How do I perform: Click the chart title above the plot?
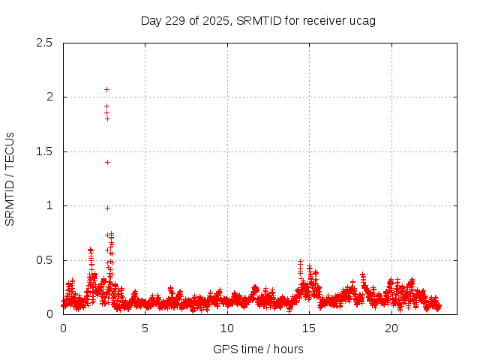(258, 20)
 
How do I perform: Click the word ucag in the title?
(361, 20)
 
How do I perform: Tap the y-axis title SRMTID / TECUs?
(10, 178)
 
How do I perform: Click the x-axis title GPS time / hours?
(258, 349)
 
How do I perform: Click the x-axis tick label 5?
(145, 328)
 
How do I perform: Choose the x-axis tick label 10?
(227, 328)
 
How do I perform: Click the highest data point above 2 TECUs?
(106, 89)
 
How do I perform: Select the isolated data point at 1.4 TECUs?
(107, 162)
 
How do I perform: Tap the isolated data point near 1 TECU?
(107, 208)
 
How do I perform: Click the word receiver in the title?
(324, 20)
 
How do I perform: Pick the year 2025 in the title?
(217, 20)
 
